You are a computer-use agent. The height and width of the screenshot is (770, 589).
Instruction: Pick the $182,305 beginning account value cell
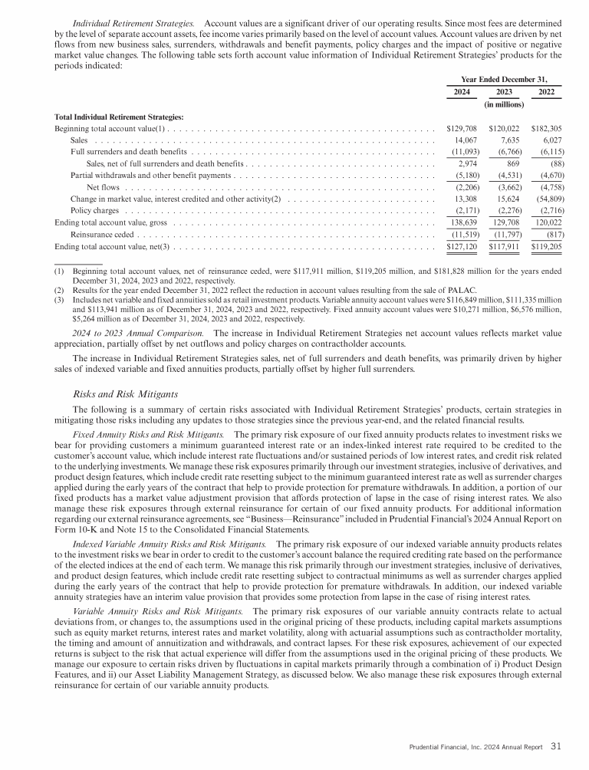pos(546,128)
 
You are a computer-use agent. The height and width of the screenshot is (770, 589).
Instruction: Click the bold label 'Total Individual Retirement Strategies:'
pos(119,117)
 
